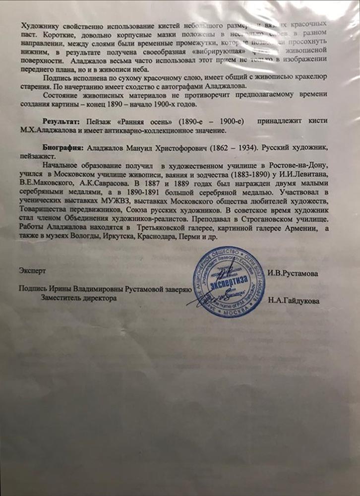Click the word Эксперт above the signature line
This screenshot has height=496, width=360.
(x=32, y=272)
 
